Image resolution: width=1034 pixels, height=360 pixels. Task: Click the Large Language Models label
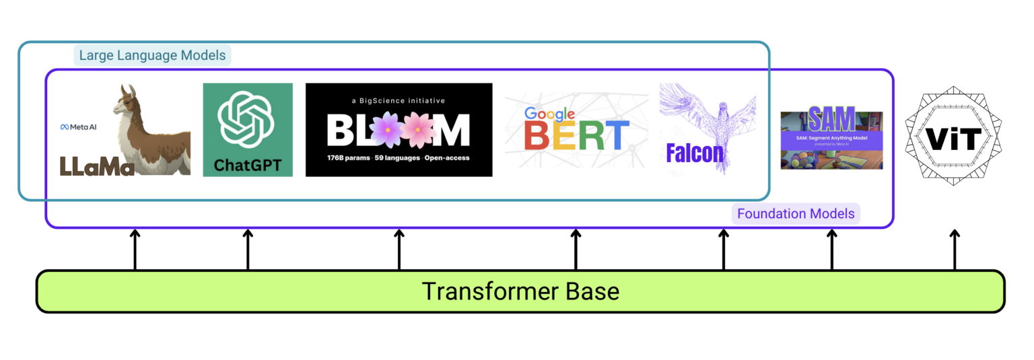(152, 55)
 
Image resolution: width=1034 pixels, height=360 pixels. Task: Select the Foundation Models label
(796, 214)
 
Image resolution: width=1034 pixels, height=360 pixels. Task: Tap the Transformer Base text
(520, 291)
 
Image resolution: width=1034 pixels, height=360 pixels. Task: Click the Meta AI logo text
(78, 127)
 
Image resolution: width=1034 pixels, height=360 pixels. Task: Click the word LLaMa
(97, 165)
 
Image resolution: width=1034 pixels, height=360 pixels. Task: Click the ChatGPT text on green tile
(247, 165)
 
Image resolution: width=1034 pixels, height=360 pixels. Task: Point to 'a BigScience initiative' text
(399, 101)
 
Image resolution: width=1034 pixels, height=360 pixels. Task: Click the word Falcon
(695, 153)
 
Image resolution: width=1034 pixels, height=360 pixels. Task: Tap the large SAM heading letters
(831, 120)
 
